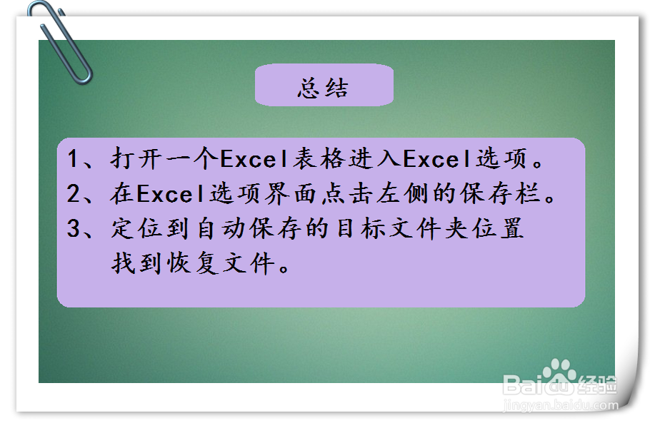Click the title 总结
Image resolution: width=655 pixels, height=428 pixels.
(324, 88)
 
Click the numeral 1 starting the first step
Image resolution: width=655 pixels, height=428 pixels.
(73, 159)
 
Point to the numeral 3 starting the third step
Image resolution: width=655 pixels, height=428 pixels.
(73, 229)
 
